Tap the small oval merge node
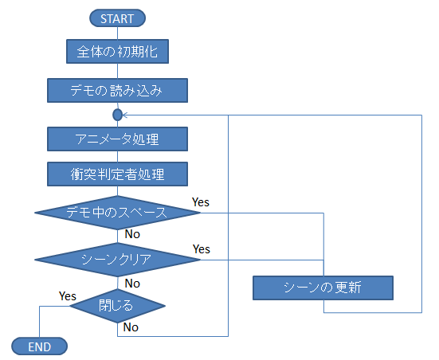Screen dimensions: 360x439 point(117,115)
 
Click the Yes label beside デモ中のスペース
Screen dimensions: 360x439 point(201,202)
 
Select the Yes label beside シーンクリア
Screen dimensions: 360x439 point(201,249)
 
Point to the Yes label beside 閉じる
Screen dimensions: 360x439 point(68,295)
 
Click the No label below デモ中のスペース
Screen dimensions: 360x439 point(132,235)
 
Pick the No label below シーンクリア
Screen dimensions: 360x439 point(132,283)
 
